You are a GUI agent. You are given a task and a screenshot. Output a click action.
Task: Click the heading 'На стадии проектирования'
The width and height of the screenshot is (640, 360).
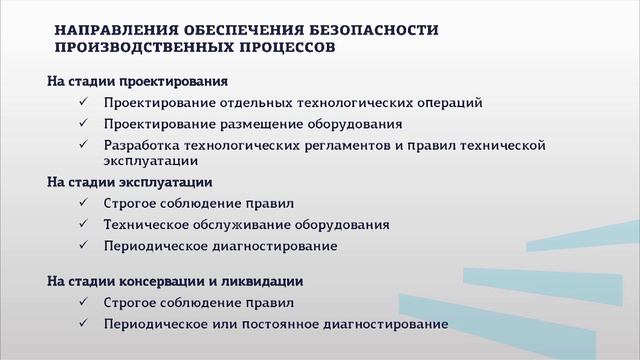[138, 80]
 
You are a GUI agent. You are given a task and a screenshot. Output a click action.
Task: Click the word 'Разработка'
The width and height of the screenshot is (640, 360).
[142, 145]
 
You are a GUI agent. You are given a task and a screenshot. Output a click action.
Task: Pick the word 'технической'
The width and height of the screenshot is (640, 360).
[502, 145]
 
